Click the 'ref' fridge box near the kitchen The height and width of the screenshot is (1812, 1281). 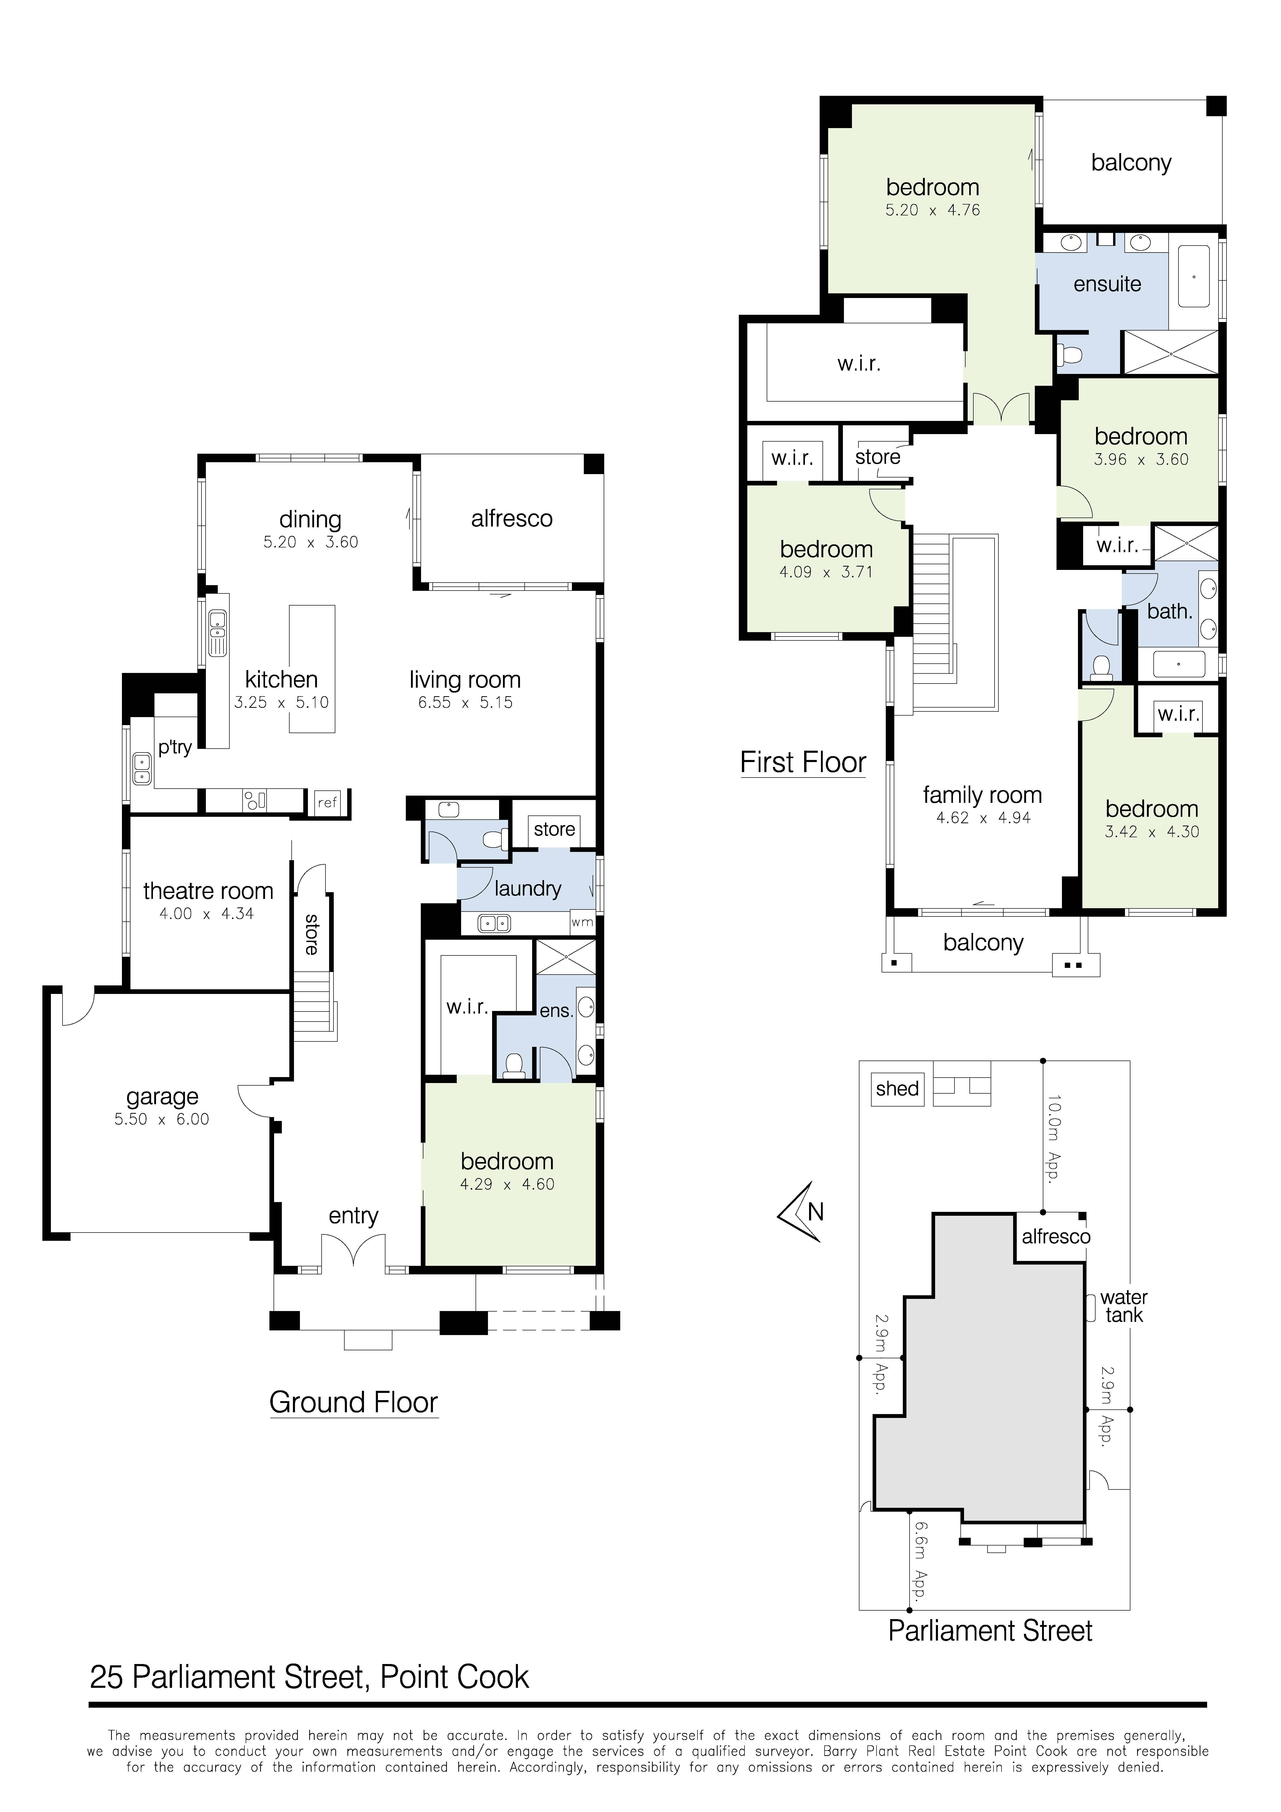point(327,803)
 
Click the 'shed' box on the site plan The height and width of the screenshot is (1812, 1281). point(897,1089)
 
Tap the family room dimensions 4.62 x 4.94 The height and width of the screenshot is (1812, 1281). point(983,818)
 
